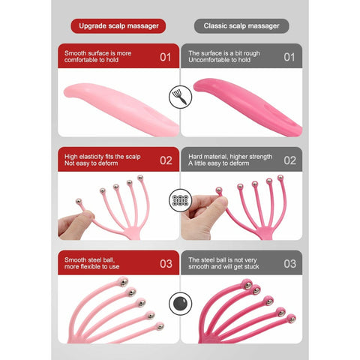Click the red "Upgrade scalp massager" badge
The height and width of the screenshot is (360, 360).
tap(118, 26)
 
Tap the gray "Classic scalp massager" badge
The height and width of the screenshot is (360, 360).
tap(241, 26)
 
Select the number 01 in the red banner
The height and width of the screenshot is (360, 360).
tap(166, 57)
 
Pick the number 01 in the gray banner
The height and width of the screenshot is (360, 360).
tap(289, 57)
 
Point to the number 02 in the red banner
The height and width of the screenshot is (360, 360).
tap(166, 160)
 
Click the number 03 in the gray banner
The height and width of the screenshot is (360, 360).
tap(290, 264)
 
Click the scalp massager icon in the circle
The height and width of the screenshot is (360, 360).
tap(181, 97)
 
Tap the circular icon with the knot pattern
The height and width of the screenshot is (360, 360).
tap(181, 200)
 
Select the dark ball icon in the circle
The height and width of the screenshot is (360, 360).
tap(181, 304)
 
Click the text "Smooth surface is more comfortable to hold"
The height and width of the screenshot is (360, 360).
tap(97, 56)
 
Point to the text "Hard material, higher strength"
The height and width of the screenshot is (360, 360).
tap(230, 157)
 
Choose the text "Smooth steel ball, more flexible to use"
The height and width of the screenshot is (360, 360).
tap(91, 263)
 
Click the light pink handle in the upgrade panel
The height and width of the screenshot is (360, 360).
tap(121, 109)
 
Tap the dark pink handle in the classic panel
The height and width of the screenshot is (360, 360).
tap(248, 106)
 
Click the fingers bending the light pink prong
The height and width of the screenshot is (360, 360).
tap(76, 225)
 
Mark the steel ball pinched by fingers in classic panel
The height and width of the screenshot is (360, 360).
tap(219, 190)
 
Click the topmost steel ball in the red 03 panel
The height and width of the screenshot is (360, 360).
tap(123, 282)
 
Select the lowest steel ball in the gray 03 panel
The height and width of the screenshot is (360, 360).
tap(291, 319)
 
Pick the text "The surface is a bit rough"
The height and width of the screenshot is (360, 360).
tap(224, 53)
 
